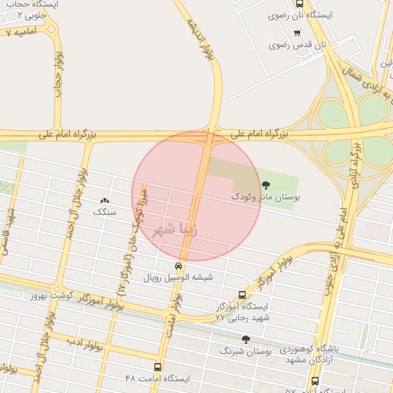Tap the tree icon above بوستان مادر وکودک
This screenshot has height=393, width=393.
(x=266, y=184)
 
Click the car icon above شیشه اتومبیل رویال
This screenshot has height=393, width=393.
(x=179, y=266)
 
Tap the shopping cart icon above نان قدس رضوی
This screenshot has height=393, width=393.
(x=297, y=32)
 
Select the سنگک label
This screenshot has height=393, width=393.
(x=103, y=210)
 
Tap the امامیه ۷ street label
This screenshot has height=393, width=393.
(x=19, y=34)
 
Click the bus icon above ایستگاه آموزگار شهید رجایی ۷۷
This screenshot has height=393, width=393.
(x=243, y=294)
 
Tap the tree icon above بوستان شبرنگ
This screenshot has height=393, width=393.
(x=246, y=339)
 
